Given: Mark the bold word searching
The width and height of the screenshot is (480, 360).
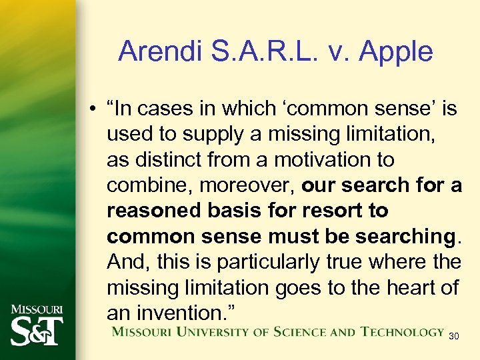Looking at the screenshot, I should pos(406,237).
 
